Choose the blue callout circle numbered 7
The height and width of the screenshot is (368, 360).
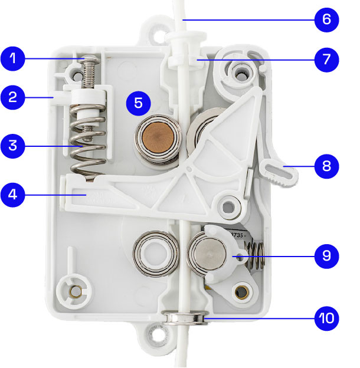[326, 59]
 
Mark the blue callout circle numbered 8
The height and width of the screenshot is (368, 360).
[326, 167]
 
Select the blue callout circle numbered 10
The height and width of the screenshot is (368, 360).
[326, 319]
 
